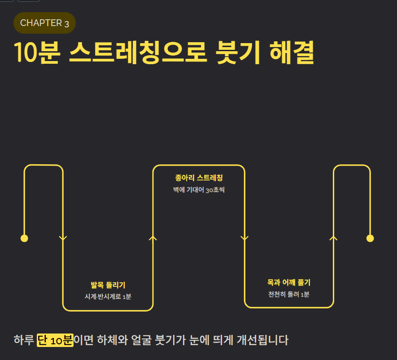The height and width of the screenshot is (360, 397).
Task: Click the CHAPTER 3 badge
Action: tap(44, 23)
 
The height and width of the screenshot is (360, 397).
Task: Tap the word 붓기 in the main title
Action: tap(237, 53)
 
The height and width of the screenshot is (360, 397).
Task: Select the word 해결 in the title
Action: tap(291, 53)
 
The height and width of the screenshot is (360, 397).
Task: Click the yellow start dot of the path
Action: tap(25, 238)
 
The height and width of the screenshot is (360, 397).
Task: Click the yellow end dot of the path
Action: tap(370, 238)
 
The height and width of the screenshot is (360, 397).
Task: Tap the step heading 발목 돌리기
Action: tap(108, 285)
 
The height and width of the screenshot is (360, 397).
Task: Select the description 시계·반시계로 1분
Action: tap(108, 296)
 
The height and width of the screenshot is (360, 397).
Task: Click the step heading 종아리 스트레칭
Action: tap(199, 178)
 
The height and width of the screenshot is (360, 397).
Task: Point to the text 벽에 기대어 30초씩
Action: tap(199, 189)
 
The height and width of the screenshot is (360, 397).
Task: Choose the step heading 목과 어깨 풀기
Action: tap(289, 282)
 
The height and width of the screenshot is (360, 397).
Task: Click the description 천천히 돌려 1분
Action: tap(289, 294)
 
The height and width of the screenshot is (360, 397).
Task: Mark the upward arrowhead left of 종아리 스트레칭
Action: tap(153, 237)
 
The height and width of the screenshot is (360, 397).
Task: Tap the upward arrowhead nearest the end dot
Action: tap(333, 237)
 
